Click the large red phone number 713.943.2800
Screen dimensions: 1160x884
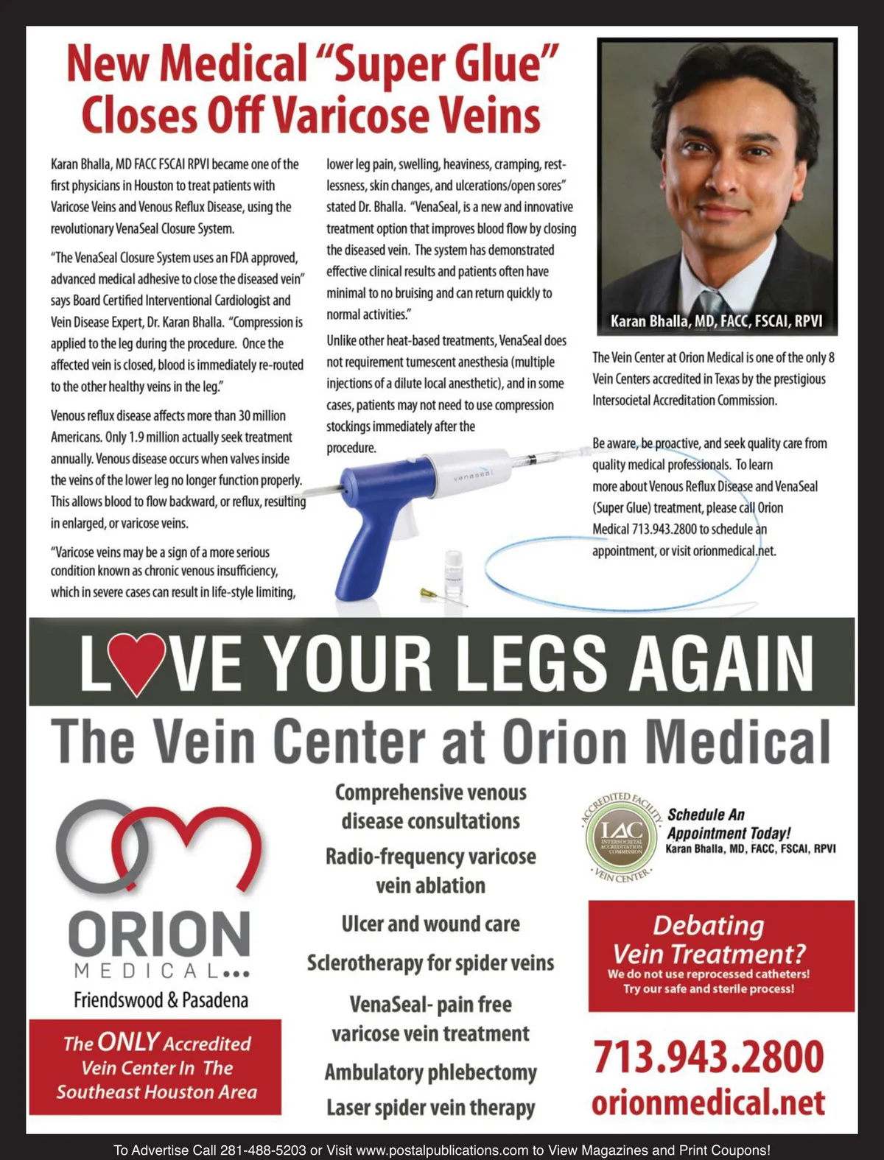click(708, 1057)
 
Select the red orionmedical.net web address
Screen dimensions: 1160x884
click(708, 1103)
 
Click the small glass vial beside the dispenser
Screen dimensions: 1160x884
click(454, 572)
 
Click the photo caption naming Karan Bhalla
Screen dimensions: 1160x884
click(716, 321)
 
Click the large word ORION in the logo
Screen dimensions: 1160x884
click(159, 934)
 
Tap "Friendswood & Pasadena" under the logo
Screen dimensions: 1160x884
click(161, 999)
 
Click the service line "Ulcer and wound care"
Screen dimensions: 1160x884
click(430, 924)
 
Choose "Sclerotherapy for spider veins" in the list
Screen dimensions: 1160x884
click(430, 963)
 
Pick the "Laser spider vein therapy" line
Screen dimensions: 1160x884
click(430, 1107)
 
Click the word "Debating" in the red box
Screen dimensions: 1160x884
click(708, 925)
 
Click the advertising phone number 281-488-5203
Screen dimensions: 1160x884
click(263, 1150)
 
